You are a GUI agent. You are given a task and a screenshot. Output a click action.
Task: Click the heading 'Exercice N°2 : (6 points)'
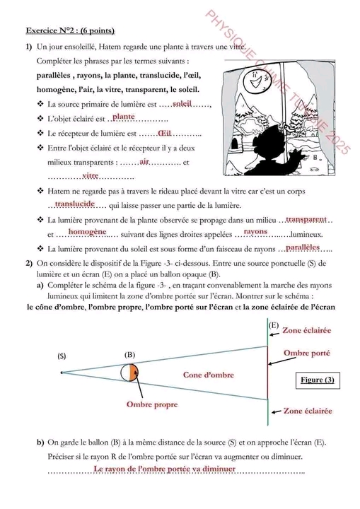70,30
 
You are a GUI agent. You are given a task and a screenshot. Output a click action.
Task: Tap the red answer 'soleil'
182,103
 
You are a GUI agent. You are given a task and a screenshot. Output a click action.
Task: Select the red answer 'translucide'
75,204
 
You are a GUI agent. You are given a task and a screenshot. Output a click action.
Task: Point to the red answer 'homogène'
88,232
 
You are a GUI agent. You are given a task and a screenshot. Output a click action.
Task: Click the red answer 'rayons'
255,231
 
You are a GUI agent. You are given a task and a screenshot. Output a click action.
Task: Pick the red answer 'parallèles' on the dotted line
303,247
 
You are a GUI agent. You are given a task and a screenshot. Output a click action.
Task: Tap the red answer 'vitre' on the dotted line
91,175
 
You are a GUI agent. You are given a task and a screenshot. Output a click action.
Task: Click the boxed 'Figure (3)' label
318,380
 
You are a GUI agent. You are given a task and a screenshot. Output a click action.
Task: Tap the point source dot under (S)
62,373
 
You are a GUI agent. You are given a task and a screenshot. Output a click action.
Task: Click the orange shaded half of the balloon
133,373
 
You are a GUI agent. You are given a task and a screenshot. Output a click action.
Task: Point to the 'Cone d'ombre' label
209,375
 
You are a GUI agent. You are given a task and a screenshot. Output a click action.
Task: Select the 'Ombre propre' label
152,405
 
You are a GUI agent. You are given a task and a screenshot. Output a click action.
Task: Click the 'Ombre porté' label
307,353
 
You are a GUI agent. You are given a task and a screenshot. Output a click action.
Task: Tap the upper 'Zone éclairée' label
307,330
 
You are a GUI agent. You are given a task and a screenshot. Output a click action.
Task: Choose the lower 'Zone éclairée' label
308,411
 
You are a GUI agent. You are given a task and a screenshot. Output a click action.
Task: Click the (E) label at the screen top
274,325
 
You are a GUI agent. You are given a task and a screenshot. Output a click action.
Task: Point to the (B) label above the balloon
129,355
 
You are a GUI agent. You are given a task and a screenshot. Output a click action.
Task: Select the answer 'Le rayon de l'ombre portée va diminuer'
164,469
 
